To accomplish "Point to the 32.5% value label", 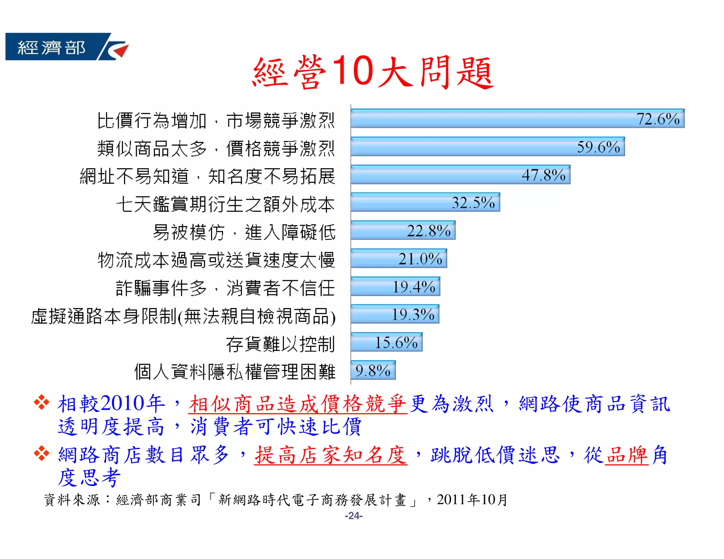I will [x=473, y=203].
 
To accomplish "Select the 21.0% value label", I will [x=420, y=259].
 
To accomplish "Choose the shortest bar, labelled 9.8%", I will [x=373, y=370].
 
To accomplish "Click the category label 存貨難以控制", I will [x=280, y=344].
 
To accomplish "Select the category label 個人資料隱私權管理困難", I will [x=235, y=372].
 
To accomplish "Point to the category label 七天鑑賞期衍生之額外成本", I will [x=225, y=204].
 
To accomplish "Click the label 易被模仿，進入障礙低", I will [x=244, y=232].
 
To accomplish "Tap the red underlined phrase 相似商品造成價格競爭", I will [x=298, y=404].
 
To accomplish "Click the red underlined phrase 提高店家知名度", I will [x=331, y=455].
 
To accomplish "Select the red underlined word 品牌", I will [x=626, y=455].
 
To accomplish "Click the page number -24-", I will [x=354, y=516].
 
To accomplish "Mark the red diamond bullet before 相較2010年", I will [x=41, y=402].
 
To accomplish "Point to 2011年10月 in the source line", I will [x=472, y=500].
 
